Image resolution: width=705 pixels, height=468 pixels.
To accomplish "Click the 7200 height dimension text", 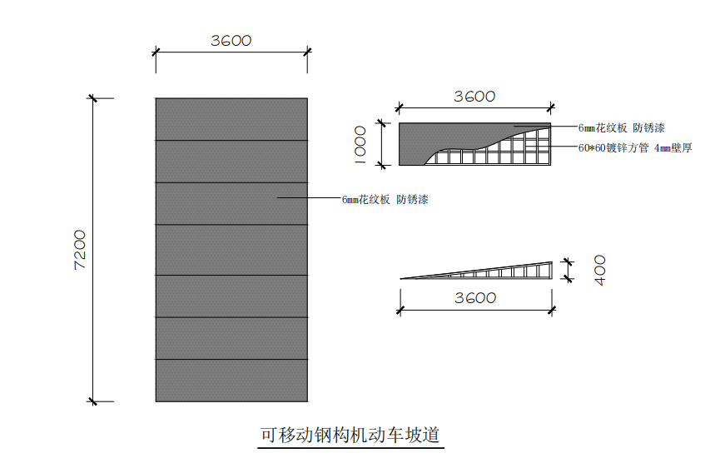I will pyautogui.click(x=80, y=250).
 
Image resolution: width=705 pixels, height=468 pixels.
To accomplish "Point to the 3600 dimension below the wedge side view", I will pyautogui.click(x=475, y=298).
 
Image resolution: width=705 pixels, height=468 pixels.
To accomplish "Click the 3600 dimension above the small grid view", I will pyautogui.click(x=474, y=97).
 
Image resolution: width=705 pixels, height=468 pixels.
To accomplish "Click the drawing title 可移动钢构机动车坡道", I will pyautogui.click(x=350, y=435).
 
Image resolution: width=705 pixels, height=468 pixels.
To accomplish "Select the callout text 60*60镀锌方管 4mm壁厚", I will pyautogui.click(x=634, y=148).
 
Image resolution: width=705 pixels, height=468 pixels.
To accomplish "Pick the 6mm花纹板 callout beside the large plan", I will pyautogui.click(x=385, y=200).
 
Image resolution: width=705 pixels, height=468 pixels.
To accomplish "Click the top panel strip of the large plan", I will pyautogui.click(x=231, y=119).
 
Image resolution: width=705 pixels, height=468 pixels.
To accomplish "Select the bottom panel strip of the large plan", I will pyautogui.click(x=231, y=381).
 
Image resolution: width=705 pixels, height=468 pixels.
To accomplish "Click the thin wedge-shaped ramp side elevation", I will pyautogui.click(x=499, y=271).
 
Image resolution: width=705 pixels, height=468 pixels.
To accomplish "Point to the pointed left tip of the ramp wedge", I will pyautogui.click(x=403, y=277).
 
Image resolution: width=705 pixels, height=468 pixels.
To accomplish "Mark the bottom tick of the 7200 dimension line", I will pyautogui.click(x=92, y=401).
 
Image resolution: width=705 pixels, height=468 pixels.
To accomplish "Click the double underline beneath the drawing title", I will pyautogui.click(x=350, y=448).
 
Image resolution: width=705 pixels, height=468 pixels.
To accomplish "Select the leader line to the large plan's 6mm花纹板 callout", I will pyautogui.click(x=308, y=198).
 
